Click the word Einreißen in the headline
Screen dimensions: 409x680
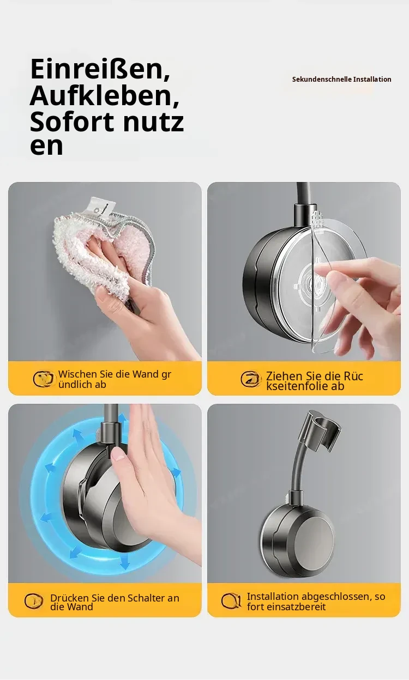[100, 70]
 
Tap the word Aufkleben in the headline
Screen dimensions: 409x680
[104, 96]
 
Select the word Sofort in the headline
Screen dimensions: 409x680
[72, 122]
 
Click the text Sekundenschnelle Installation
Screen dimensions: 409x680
[341, 80]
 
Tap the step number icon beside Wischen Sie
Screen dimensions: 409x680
[43, 379]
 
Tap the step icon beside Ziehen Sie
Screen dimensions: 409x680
[251, 379]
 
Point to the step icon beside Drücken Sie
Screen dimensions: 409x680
[33, 601]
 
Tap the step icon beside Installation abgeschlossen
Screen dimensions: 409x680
[231, 600]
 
